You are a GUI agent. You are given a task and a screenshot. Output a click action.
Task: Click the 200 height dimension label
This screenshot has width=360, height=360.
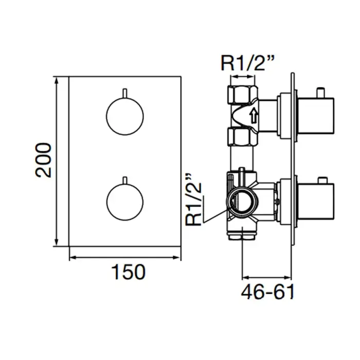point(43,160)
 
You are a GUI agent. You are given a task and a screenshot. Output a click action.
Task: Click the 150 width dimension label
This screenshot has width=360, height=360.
point(129,272)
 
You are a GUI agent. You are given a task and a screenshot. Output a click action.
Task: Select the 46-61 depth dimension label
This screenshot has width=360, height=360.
point(268,292)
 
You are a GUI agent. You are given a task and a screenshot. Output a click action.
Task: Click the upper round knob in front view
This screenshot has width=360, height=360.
point(125,116)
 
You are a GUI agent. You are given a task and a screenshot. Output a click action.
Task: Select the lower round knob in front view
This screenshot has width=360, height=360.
point(125,202)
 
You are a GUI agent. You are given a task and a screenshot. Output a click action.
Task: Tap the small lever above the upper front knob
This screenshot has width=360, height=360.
point(125,93)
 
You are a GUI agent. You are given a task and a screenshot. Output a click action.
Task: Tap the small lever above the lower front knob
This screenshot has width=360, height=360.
point(125,180)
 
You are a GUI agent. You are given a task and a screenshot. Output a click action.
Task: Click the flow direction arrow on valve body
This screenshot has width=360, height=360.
point(254,115)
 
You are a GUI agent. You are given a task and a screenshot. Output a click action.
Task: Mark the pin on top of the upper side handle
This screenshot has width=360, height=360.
point(320,93)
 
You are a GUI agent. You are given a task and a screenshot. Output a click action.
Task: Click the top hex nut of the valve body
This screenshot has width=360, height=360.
point(243,94)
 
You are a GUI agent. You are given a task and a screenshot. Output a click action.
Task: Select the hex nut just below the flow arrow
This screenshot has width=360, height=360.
point(243,137)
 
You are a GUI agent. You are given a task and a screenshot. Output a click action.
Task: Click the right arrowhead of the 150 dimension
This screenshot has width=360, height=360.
point(176,257)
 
